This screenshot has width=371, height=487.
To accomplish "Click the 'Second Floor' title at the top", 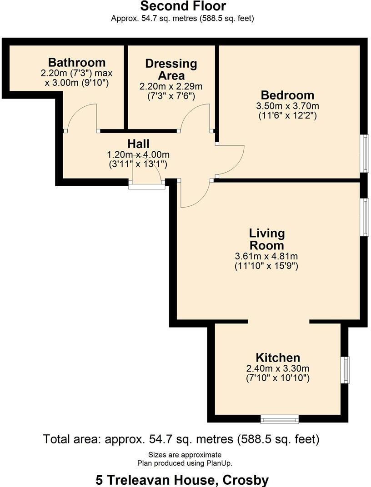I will [183, 6].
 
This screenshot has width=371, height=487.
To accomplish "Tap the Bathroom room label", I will [77, 62].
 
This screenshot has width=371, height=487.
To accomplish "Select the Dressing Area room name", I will [171, 69].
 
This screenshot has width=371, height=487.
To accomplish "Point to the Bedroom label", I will [287, 95].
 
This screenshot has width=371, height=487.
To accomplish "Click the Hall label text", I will [138, 144].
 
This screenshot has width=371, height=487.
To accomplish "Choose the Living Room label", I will [266, 239].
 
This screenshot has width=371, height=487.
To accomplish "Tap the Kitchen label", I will [277, 357].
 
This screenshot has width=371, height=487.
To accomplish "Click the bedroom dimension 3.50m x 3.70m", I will [287, 106].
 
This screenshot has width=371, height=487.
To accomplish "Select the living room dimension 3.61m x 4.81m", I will [266, 256].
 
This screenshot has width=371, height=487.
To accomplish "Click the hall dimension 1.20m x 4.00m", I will [138, 154].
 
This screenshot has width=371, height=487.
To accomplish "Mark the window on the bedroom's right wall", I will [365, 154].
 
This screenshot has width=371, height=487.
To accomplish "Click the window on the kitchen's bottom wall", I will [279, 418].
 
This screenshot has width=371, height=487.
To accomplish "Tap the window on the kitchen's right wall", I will [346, 370].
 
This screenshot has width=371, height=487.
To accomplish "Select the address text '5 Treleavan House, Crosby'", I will [182, 480].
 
